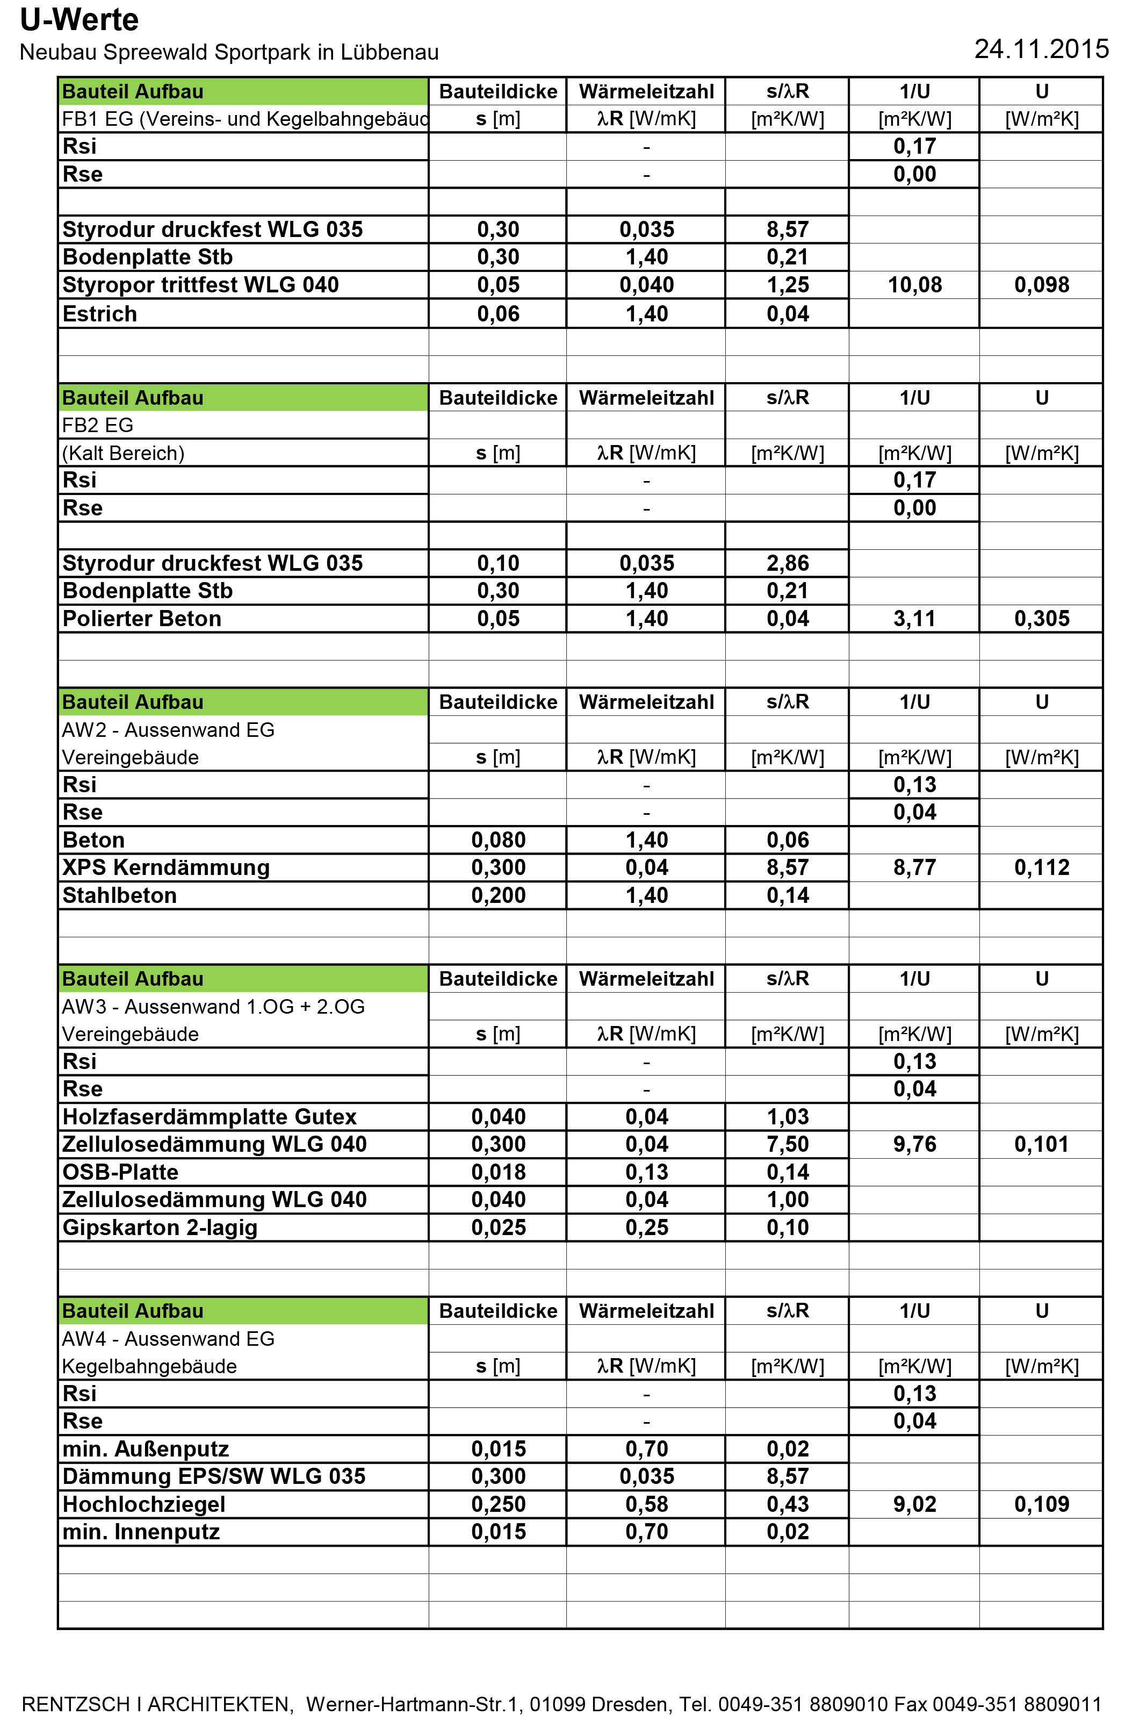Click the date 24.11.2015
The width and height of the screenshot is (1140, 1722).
tap(1041, 49)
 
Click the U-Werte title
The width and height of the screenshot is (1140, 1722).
tap(80, 20)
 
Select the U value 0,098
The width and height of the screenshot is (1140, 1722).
tap(1041, 285)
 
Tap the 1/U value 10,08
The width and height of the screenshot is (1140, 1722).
tap(914, 285)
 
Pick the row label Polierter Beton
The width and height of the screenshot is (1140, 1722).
tap(142, 619)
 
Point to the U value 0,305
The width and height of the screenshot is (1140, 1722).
tap(1041, 619)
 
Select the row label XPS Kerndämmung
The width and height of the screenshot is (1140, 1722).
tap(166, 867)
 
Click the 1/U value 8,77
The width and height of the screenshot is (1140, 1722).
tap(914, 867)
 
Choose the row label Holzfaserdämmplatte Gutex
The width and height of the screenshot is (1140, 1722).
tap(210, 1117)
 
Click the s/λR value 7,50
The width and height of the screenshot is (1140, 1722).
tap(788, 1145)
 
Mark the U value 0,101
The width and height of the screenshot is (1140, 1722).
tap(1041, 1145)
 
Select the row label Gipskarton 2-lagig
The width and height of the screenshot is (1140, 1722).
tap(160, 1228)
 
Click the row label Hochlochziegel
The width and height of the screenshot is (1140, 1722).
tap(144, 1504)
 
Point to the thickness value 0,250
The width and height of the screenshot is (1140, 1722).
tap(498, 1504)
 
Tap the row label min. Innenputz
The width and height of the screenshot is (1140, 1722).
tap(141, 1532)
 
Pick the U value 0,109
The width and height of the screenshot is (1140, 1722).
tap(1041, 1504)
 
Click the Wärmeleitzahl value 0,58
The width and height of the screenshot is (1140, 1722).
tap(646, 1504)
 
